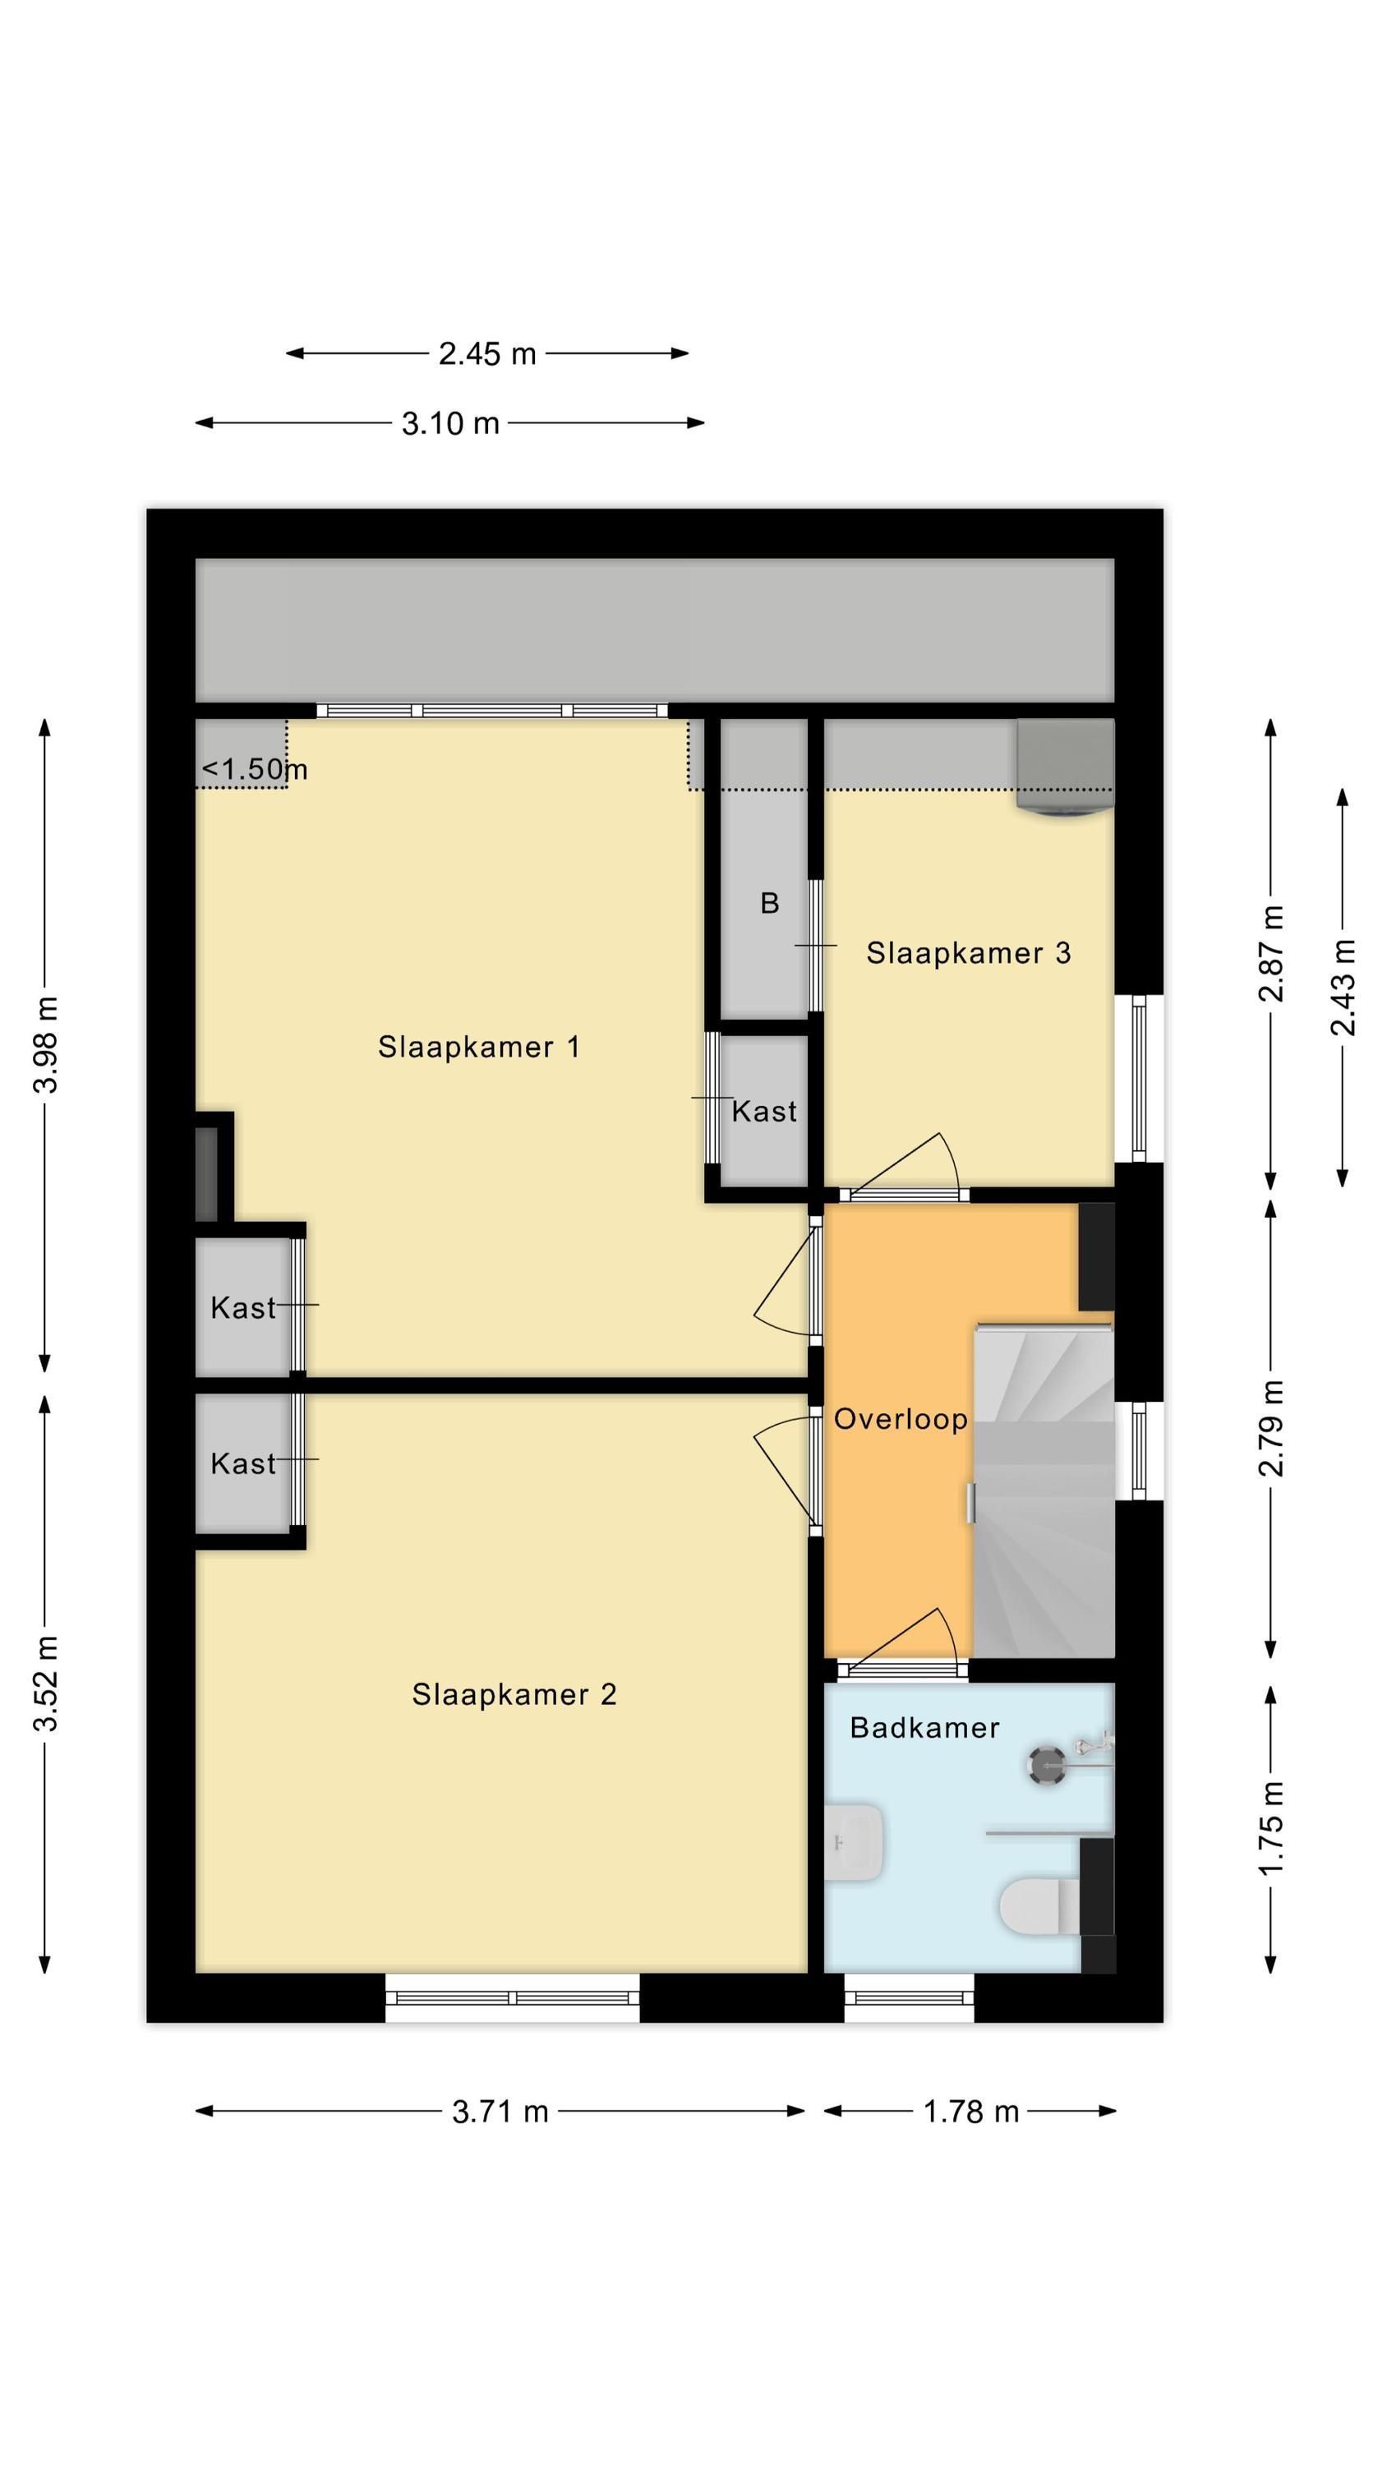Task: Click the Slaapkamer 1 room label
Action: [478, 1047]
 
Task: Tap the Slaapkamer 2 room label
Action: [514, 1694]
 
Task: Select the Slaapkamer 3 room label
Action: [968, 953]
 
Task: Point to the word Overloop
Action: [901, 1419]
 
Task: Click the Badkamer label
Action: [924, 1728]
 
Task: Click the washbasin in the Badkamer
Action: [853, 1842]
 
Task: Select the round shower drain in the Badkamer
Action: [1046, 1766]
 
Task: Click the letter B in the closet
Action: [770, 903]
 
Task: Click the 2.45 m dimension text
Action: [487, 354]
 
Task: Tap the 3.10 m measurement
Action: [450, 423]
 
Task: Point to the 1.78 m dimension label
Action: [970, 2111]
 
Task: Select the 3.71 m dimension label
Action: [500, 2111]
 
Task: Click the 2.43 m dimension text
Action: [1343, 988]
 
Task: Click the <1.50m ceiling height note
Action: [255, 769]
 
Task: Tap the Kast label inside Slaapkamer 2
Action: [243, 1464]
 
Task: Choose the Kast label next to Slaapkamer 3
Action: [764, 1112]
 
